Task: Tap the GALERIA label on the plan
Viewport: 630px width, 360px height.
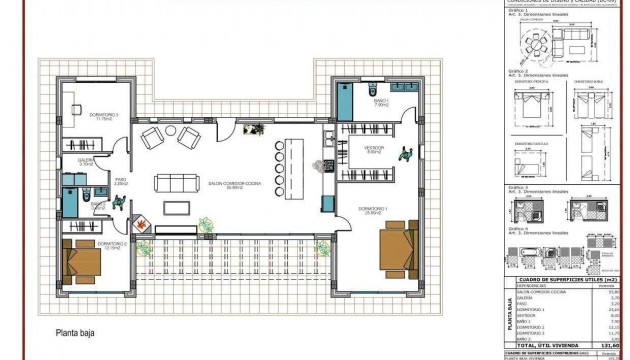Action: pos(85,160)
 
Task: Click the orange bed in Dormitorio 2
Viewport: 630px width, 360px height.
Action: pos(80,262)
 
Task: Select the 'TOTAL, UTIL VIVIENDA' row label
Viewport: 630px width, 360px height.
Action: pos(546,344)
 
